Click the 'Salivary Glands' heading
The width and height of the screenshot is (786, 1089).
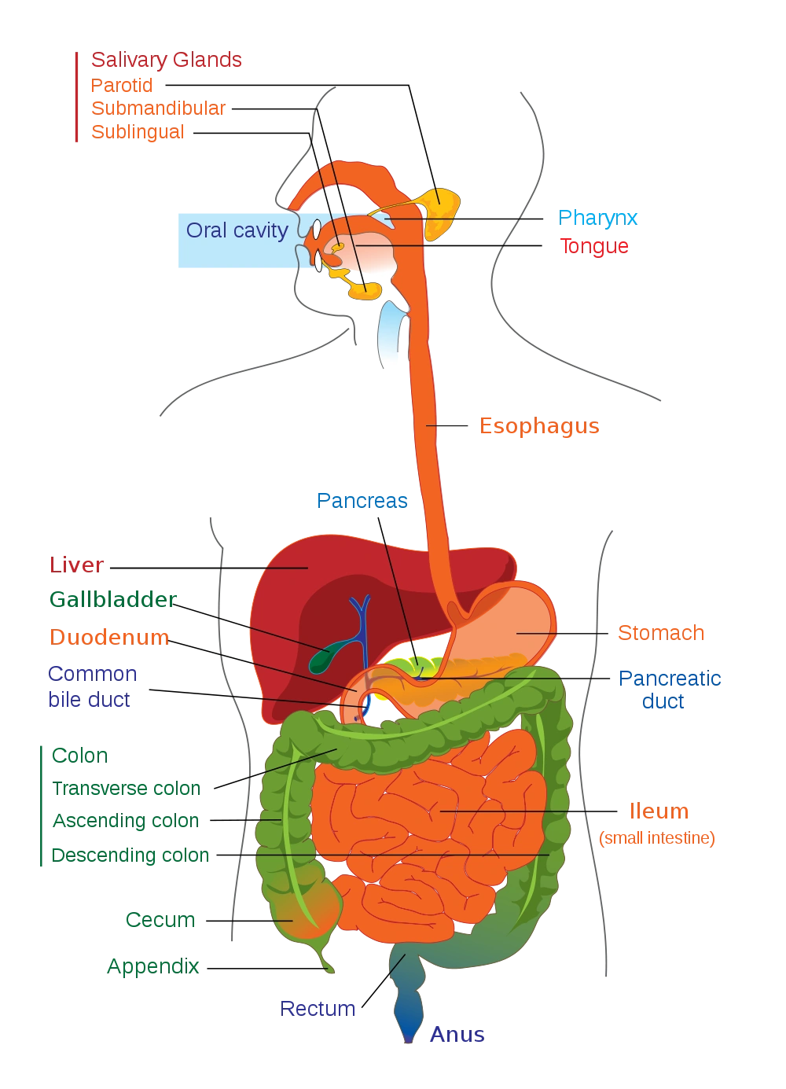pos(167,61)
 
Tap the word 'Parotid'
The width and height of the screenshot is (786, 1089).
pos(122,86)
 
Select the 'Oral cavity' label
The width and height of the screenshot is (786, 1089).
pos(237,230)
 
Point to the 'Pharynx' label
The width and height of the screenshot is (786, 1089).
pos(597,219)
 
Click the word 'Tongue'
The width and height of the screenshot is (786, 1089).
pos(594,246)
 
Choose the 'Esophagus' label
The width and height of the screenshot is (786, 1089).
pos(539,426)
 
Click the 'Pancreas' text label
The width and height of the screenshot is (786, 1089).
pos(362,501)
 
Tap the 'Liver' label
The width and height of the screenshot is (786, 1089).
pos(76,565)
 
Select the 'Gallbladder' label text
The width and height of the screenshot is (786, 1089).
pos(112,599)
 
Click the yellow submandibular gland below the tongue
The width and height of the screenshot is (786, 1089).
pos(365,290)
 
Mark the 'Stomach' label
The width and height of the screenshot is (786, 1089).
pos(661,633)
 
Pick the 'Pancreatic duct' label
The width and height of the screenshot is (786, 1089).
pos(670,690)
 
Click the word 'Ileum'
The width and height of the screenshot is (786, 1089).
pos(659,811)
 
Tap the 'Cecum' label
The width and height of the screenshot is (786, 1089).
pos(160,920)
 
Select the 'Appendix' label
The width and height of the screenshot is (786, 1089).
pos(153,966)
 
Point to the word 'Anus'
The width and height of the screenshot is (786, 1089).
pos(457,1035)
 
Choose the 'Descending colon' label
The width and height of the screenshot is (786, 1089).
pos(130,855)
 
